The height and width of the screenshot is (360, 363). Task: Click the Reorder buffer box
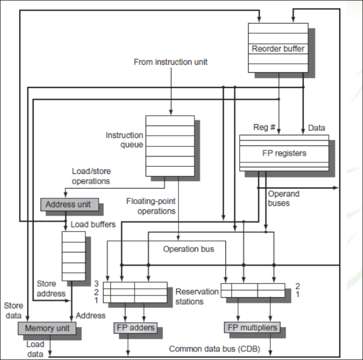pos(278,48)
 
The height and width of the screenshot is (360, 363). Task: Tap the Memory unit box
pos(47,328)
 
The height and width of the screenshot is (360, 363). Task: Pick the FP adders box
pos(134,327)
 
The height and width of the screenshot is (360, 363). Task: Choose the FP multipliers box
pos(251,327)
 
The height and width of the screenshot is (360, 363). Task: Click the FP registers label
pos(284,153)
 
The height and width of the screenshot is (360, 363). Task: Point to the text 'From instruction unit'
pos(171,62)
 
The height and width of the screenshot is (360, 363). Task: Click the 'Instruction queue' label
pos(124,140)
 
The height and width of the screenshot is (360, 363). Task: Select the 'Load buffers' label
pos(93,224)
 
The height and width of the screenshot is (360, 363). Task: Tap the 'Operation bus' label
pos(189,249)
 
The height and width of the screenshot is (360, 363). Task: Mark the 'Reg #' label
pos(265,128)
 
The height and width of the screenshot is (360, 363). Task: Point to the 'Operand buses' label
pos(284,198)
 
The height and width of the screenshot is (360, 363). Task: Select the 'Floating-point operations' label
pos(151,206)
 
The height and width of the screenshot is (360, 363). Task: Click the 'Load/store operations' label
pos(91,176)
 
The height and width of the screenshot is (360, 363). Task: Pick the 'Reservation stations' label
pos(197,296)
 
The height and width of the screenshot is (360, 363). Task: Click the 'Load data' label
pos(35,349)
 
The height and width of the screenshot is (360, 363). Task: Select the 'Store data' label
pos(13,310)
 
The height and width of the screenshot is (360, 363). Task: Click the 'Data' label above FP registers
pos(316,128)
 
